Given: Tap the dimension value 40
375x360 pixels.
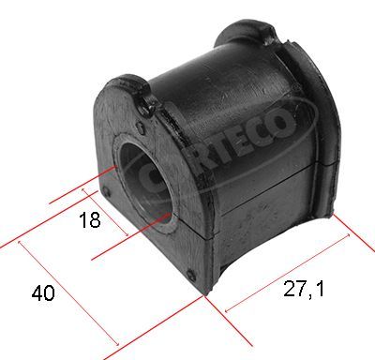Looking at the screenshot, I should point(43,293).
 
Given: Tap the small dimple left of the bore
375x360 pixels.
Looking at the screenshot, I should point(105,191).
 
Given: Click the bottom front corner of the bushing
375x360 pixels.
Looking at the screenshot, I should point(205,292).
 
